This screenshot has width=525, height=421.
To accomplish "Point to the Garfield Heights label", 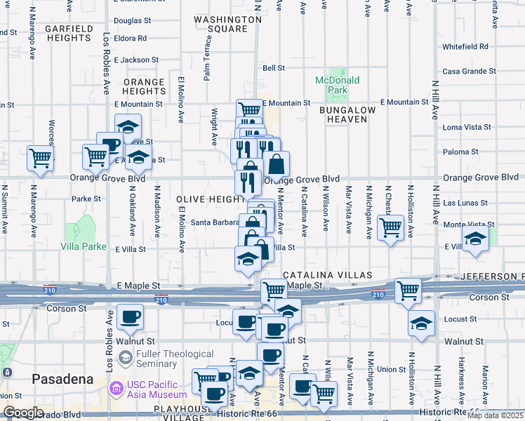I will [x=69, y=33].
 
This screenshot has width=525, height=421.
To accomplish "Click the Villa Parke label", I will [x=84, y=247].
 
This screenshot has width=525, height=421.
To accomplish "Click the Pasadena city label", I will [x=62, y=379].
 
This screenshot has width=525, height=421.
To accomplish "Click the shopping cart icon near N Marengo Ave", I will [x=41, y=158].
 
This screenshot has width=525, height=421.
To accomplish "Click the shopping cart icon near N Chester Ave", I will [x=390, y=227].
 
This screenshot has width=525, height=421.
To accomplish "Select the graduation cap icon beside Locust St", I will [x=420, y=323].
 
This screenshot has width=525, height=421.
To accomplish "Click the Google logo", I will [x=24, y=413].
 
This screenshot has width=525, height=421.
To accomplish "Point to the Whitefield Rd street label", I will [x=465, y=46].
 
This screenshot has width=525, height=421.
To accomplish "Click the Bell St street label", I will [x=273, y=68].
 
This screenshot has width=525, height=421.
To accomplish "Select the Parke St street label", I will [x=86, y=199].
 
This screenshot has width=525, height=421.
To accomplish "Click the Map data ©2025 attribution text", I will [x=494, y=415].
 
